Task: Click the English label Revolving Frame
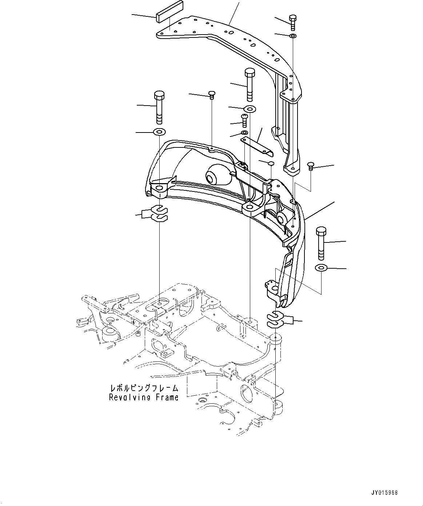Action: [x=144, y=397]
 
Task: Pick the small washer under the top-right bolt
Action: [x=293, y=36]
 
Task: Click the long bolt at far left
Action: [x=159, y=107]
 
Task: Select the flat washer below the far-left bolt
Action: [x=159, y=131]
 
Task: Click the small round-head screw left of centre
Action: [x=211, y=95]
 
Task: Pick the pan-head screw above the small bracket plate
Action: [x=245, y=120]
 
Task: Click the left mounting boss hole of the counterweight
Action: [x=159, y=188]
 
